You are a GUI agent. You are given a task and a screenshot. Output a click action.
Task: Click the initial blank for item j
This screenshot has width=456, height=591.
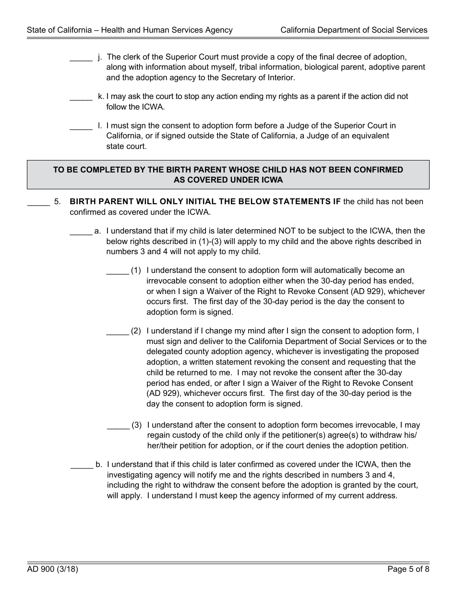81,60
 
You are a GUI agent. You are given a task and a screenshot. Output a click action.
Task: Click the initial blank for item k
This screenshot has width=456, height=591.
81,99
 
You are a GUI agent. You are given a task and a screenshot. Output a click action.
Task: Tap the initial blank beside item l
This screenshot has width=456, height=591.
81,128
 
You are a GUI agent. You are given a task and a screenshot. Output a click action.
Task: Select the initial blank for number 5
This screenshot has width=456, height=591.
38,204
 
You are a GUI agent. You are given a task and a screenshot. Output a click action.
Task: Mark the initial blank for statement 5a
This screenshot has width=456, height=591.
81,234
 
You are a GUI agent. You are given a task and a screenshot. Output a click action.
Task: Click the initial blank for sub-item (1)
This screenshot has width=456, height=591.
117,273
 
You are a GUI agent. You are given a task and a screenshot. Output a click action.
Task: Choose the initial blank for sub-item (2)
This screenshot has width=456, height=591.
117,333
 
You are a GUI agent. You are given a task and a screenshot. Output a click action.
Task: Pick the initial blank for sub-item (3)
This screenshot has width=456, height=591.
118,428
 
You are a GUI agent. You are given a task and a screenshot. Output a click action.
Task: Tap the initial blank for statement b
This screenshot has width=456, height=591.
82,467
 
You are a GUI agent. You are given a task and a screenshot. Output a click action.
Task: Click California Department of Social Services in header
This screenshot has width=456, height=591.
354,30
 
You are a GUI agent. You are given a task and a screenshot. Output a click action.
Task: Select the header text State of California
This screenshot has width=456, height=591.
59,30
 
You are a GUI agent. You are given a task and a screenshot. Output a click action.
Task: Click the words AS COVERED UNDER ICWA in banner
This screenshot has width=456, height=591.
228,180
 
